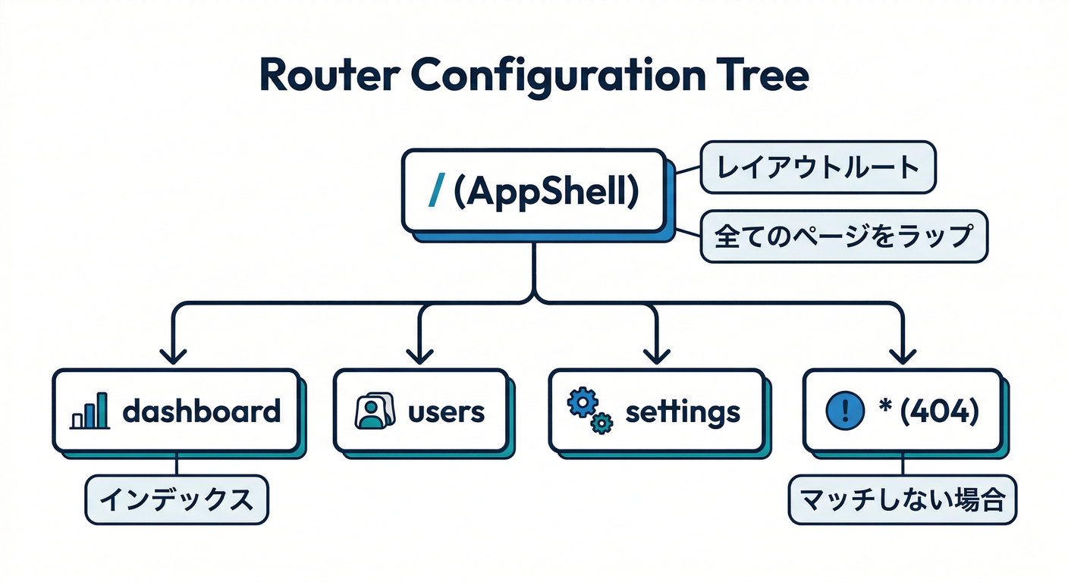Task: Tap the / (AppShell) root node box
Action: click(x=532, y=191)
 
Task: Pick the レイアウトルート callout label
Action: click(x=817, y=167)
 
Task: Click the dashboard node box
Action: click(x=176, y=411)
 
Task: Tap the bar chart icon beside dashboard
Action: click(x=90, y=414)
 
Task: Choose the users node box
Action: click(x=420, y=411)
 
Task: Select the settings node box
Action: click(x=656, y=411)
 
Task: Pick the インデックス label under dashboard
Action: click(x=176, y=499)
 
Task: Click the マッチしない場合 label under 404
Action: click(x=903, y=500)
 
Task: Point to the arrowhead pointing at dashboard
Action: click(x=175, y=356)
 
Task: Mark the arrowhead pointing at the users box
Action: click(x=419, y=356)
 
